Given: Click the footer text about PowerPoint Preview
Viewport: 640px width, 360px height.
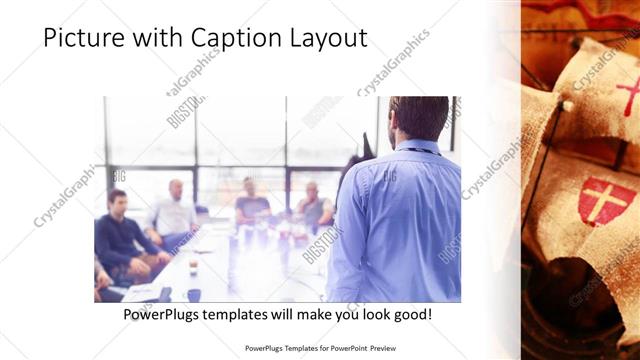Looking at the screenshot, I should (x=319, y=350).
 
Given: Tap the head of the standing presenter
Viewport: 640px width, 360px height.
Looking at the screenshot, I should (x=418, y=118).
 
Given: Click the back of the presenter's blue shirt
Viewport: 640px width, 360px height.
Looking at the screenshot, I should (x=400, y=220).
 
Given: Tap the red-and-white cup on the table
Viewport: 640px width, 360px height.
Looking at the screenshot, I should (x=193, y=266).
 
